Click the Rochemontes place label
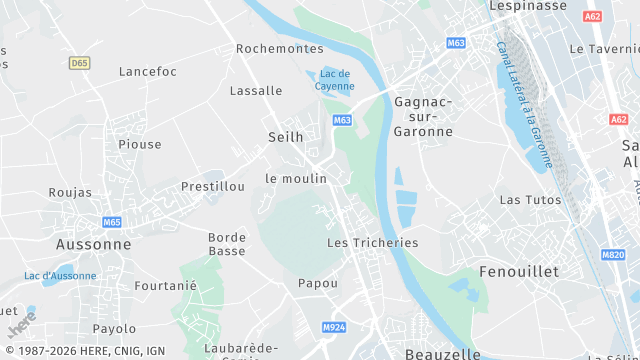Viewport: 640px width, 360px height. pyautogui.click(x=280, y=48)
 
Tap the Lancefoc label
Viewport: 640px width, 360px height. pyautogui.click(x=147, y=71)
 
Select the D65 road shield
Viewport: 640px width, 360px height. pyautogui.click(x=80, y=63)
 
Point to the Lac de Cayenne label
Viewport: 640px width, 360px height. pyautogui.click(x=335, y=80)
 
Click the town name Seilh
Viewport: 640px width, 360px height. pyautogui.click(x=285, y=136)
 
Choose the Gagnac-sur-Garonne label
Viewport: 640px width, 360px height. pyautogui.click(x=423, y=116)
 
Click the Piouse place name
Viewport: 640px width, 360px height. pyautogui.click(x=139, y=144)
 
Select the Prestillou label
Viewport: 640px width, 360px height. pyautogui.click(x=213, y=186)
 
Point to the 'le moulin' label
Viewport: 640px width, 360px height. pyautogui.click(x=296, y=178)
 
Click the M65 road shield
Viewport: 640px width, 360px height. pyautogui.click(x=111, y=221)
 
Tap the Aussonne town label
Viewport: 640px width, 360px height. pyautogui.click(x=93, y=243)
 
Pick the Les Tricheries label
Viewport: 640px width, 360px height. pyautogui.click(x=372, y=242)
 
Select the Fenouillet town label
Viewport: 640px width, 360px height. pyautogui.click(x=519, y=271)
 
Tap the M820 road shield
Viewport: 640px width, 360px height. pyautogui.click(x=613, y=255)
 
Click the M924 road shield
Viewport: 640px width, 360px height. pyautogui.click(x=333, y=327)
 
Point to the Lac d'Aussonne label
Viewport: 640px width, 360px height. pyautogui.click(x=60, y=276)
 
